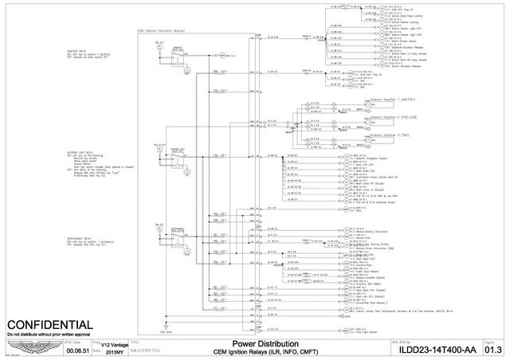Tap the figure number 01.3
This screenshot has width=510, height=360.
[493, 349]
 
